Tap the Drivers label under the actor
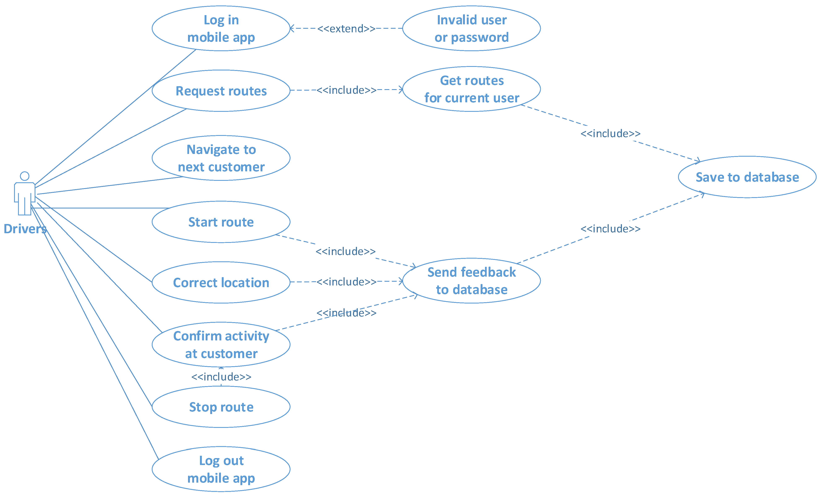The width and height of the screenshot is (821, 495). pyautogui.click(x=25, y=229)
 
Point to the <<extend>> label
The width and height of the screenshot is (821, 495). pyautogui.click(x=346, y=29)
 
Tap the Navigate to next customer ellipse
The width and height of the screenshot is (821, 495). pyautogui.click(x=221, y=158)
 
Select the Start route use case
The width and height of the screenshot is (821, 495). pyautogui.click(x=221, y=222)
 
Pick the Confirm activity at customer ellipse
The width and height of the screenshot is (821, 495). pyautogui.click(x=221, y=345)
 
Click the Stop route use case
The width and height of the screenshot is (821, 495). pyautogui.click(x=221, y=407)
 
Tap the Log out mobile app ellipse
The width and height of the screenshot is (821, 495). pyautogui.click(x=221, y=469)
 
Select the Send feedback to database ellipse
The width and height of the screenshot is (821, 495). pyautogui.click(x=471, y=281)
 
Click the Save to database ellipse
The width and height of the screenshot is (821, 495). pyautogui.click(x=747, y=177)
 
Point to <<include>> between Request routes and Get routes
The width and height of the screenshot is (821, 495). pyautogui.click(x=346, y=90)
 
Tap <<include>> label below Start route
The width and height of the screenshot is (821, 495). pyautogui.click(x=346, y=251)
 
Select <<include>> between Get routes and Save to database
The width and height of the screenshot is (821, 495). pyautogui.click(x=610, y=134)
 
